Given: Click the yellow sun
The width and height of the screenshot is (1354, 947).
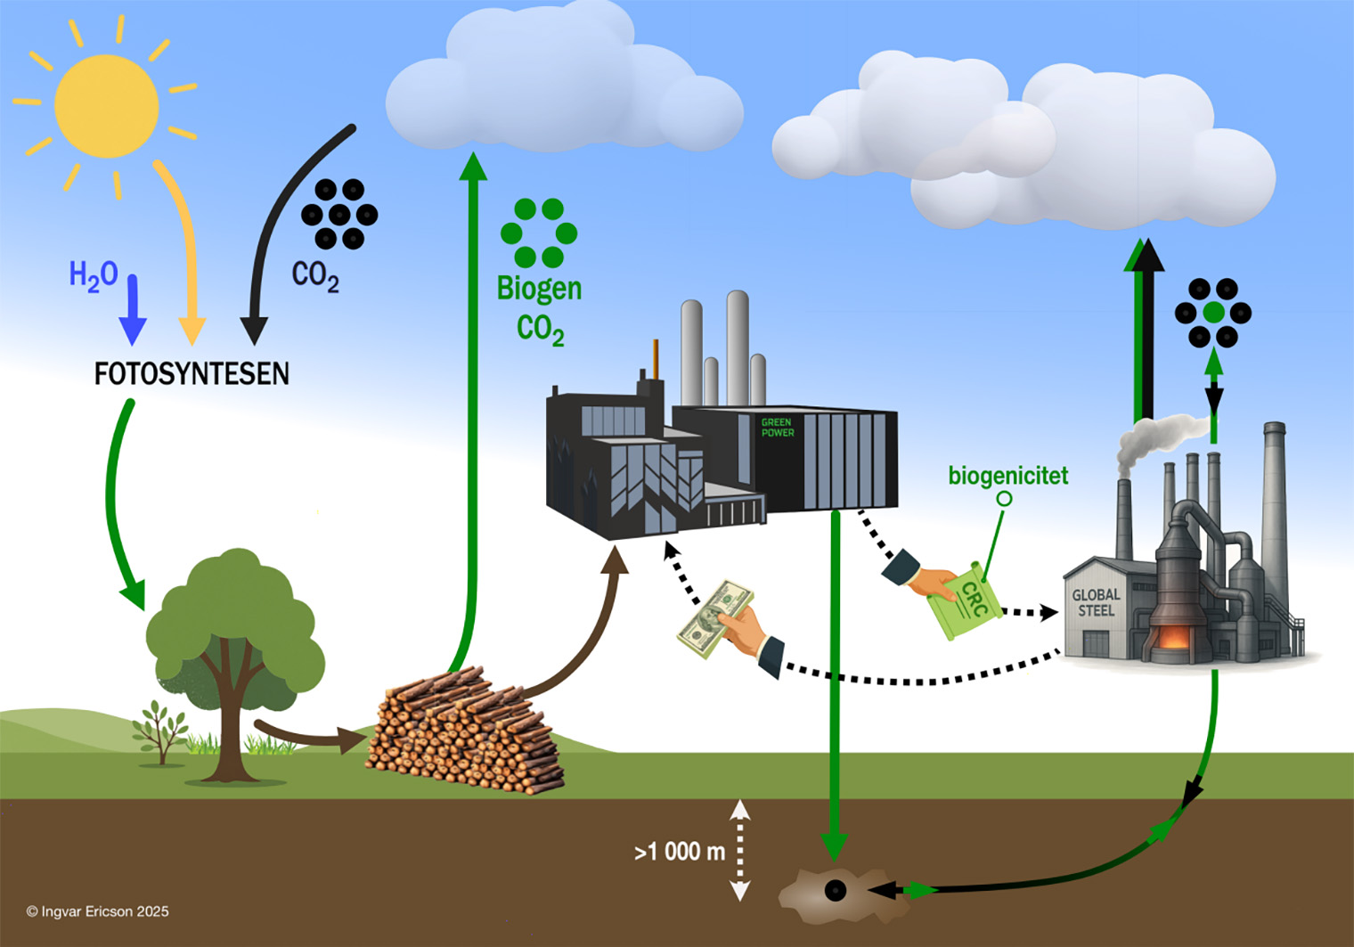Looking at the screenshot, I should pyautogui.click(x=107, y=106).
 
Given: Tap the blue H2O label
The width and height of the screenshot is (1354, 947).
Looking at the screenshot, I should pyautogui.click(x=94, y=275).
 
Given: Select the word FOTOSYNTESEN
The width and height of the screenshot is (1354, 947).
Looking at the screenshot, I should pyautogui.click(x=192, y=373).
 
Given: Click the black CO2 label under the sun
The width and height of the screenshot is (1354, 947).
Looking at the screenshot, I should pyautogui.click(x=315, y=275).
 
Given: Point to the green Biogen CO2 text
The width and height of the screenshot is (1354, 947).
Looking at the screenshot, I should pyautogui.click(x=539, y=308).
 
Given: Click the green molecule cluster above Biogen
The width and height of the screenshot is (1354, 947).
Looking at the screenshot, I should pyautogui.click(x=539, y=233).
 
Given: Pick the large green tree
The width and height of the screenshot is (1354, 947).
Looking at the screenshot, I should pyautogui.click(x=233, y=641).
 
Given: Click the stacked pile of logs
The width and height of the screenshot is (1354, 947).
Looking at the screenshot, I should pyautogui.click(x=463, y=731).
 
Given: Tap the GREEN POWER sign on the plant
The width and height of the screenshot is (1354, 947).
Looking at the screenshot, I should pyautogui.click(x=777, y=428).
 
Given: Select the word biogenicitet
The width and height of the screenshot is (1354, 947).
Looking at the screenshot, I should pyautogui.click(x=1007, y=476).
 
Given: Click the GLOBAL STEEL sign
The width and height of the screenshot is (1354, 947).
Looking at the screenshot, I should pyautogui.click(x=1096, y=603).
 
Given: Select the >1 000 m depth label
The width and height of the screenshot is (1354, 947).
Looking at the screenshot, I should pyautogui.click(x=680, y=852).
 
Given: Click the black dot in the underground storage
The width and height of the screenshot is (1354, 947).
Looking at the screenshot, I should pyautogui.click(x=836, y=890).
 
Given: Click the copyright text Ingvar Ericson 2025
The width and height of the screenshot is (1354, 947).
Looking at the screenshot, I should pyautogui.click(x=97, y=911).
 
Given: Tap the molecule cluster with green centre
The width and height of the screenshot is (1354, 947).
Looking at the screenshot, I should pyautogui.click(x=1212, y=313).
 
